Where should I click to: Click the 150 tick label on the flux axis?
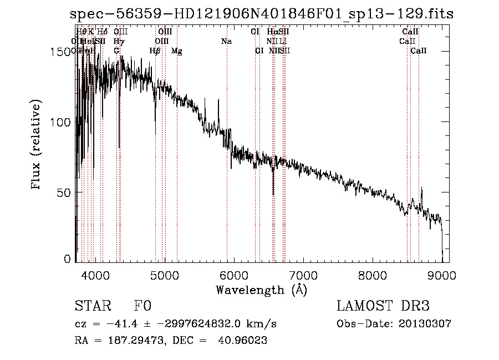click(x=63, y=52)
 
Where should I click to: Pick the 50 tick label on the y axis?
click(x=66, y=192)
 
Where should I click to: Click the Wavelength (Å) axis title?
click(x=261, y=290)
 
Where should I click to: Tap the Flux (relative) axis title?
click(x=37, y=145)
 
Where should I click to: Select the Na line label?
click(x=226, y=41)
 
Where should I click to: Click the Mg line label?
click(x=177, y=51)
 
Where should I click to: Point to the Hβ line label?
click(x=155, y=51)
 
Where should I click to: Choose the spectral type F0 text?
click(x=142, y=306)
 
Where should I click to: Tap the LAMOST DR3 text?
click(x=383, y=306)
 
